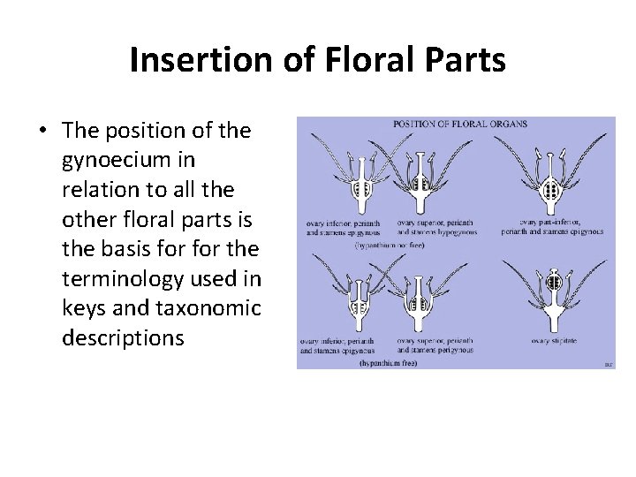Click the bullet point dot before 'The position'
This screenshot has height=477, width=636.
[42, 132]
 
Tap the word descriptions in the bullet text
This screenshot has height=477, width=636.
[123, 337]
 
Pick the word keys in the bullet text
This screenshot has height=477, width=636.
[85, 308]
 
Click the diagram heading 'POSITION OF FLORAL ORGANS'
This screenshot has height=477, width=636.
[459, 124]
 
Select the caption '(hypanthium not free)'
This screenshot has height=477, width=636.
[390, 246]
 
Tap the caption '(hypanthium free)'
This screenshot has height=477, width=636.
[389, 363]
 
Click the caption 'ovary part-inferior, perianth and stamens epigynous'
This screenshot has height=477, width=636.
[552, 227]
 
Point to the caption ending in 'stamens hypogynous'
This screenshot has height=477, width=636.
[436, 227]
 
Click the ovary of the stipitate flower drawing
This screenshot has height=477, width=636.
[554, 283]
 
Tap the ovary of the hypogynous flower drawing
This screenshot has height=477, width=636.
[421, 185]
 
